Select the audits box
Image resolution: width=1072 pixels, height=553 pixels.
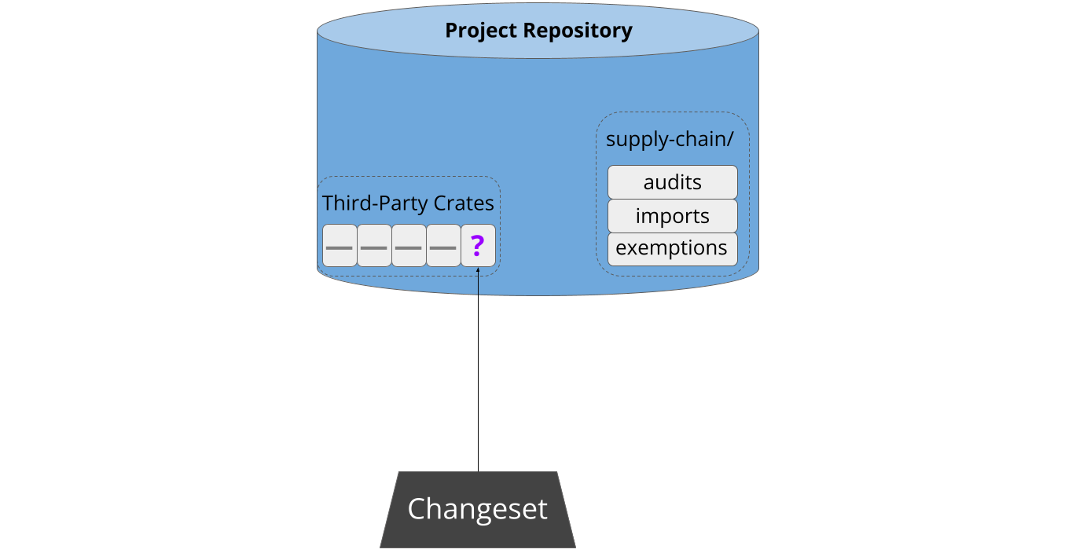coord(673,182)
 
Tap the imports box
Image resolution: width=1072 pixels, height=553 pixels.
coord(673,216)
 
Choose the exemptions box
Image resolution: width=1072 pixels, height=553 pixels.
coord(673,249)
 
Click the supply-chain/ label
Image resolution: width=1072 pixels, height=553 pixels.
coord(670,140)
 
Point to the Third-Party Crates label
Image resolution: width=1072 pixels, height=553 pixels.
coord(408,203)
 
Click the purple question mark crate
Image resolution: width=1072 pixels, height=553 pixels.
coord(478,245)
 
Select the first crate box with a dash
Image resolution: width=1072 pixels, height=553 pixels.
coord(340,245)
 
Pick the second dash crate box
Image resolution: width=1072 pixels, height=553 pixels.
coord(374,245)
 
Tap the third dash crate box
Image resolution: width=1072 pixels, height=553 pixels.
coord(409,245)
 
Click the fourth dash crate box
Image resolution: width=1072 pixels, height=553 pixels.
coord(443,245)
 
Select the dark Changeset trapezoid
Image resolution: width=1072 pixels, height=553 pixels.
coord(478,510)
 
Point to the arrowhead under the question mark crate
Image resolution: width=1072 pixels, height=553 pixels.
coord(478,269)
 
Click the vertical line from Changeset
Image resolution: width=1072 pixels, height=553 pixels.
coord(478,369)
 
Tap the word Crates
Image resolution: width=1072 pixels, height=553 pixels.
coord(464,203)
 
